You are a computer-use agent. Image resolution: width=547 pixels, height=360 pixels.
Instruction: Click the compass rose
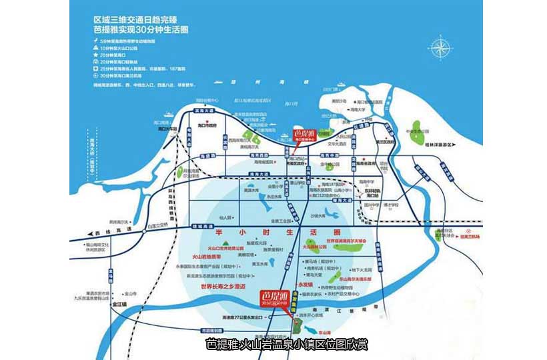pos(440,49)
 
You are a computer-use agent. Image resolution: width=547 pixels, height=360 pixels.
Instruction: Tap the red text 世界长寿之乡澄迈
pos(222,286)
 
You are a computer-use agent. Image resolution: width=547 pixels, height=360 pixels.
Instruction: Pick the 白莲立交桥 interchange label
pos(157,225)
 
